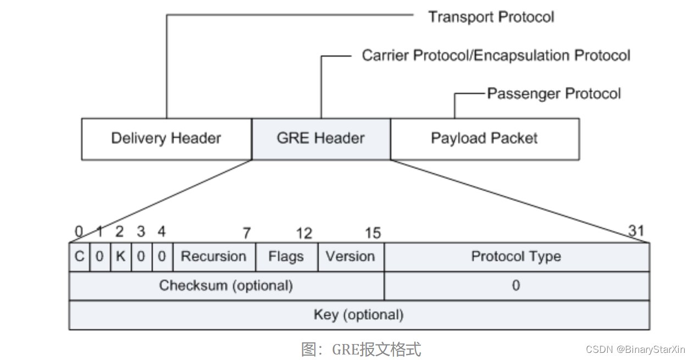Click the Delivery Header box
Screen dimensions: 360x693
pos(166,139)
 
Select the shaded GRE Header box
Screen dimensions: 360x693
pos(321,139)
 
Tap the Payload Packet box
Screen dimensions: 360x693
pos(484,139)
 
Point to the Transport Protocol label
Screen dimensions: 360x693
pos(491,17)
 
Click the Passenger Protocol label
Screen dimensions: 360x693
pos(554,93)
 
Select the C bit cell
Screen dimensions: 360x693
pos(79,257)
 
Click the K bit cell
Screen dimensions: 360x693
pos(120,257)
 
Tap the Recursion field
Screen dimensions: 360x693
pos(214,257)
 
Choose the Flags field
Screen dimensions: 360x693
pos(286,257)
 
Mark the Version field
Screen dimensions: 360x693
pos(350,257)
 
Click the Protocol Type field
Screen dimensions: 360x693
pos(516,257)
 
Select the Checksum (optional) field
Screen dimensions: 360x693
pos(226,286)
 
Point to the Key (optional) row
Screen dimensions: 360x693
pos(358,315)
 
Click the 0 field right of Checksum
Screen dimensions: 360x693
pos(515,286)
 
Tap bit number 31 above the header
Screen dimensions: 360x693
pos(636,231)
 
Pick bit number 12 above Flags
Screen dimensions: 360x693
pos(304,234)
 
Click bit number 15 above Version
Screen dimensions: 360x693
pos(373,234)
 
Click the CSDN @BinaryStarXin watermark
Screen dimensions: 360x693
pos(635,350)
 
